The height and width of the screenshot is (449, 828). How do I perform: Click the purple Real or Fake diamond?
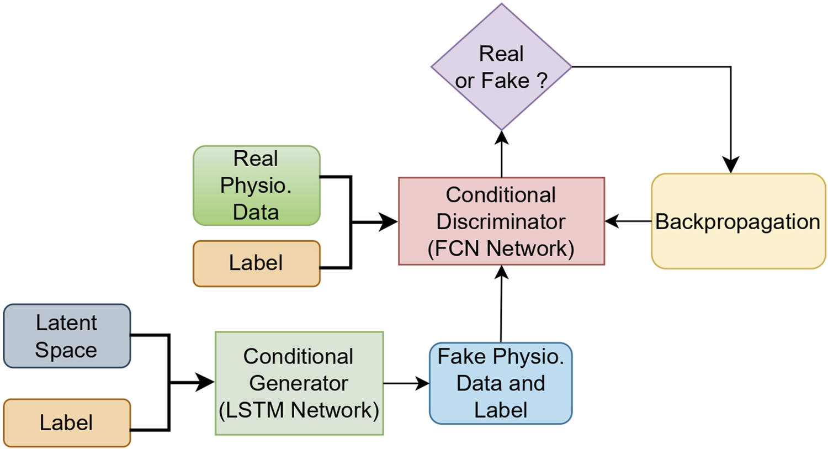pos(501,67)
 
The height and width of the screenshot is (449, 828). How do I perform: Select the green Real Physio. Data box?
pos(256,186)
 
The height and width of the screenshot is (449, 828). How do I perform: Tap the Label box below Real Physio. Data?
pos(256,263)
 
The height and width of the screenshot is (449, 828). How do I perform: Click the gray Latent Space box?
pos(67,336)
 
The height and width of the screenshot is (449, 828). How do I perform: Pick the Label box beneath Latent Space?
pos(67,423)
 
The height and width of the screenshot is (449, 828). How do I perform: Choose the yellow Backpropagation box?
pos(738,221)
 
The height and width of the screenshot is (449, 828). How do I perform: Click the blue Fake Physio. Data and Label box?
pos(501,383)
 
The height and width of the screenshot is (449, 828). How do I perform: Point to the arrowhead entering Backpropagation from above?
pos(731,165)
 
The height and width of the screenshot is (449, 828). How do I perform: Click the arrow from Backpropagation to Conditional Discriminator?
pos(628,221)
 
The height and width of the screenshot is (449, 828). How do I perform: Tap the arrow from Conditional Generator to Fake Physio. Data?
pos(406,383)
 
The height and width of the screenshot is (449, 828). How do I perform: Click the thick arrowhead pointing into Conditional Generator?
pos(206,382)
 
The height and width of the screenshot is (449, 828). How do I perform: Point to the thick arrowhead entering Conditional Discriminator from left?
pos(389,223)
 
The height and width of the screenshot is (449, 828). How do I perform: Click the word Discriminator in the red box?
pos(501,222)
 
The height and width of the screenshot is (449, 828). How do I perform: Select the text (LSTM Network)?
pos(299,410)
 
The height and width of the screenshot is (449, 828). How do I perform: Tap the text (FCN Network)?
pos(501,249)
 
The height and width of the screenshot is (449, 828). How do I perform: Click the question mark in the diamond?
pos(542,81)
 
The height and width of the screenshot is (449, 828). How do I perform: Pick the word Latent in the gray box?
pos(66,323)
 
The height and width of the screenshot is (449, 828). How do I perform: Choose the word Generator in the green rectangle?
pos(299,383)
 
